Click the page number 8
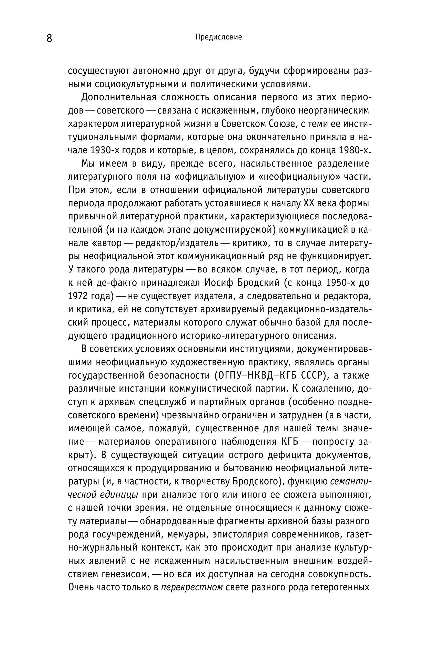(49, 38)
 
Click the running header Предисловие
(219, 37)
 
